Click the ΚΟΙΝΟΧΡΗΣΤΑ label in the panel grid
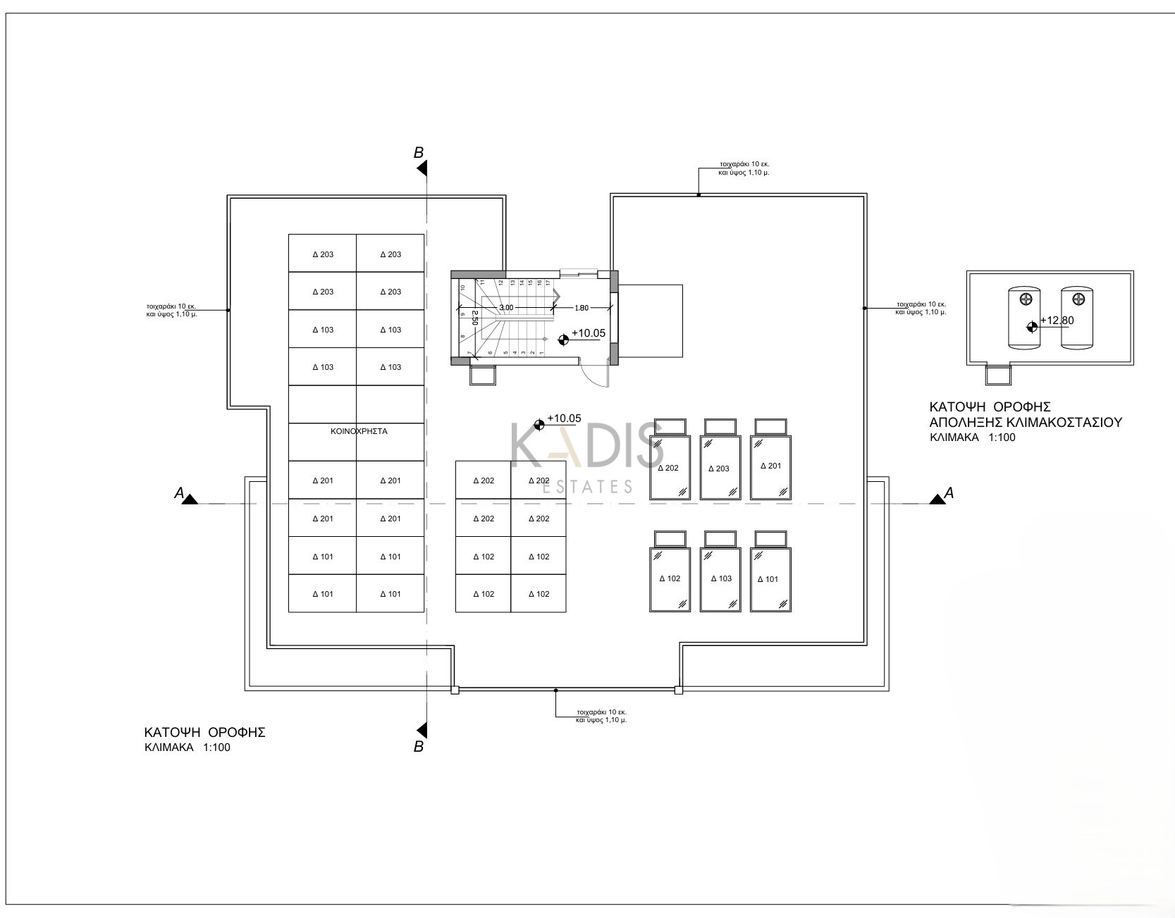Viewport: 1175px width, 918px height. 359,430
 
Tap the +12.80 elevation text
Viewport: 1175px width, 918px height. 1057,321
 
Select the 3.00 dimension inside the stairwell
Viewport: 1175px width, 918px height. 506,308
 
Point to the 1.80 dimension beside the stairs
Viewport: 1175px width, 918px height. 582,308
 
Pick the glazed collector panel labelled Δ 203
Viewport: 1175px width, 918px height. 720,468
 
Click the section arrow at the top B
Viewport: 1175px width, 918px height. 422,168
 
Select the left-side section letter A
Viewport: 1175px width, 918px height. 179,494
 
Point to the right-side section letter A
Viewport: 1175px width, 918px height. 949,493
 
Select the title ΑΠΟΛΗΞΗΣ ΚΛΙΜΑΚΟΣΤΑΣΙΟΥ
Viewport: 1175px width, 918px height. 1025,422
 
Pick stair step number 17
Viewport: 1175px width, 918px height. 548,283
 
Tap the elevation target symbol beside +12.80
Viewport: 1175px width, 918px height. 1032,325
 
